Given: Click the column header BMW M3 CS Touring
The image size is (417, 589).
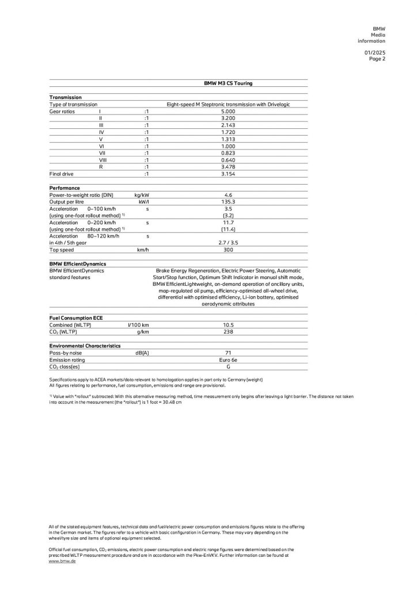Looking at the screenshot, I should [x=228, y=83].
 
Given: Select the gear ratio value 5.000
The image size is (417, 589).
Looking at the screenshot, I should [x=228, y=111].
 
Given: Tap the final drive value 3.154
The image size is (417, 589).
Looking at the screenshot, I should [x=228, y=173].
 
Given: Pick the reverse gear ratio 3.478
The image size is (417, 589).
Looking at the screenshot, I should [x=228, y=166].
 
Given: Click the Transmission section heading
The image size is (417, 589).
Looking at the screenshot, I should [x=66, y=97].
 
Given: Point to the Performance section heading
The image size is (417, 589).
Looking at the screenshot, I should [x=65, y=188].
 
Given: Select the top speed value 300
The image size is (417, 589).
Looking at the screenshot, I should [x=228, y=250].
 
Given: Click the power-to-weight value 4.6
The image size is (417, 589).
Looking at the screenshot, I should [x=228, y=195].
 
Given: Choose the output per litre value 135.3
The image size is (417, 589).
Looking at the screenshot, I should [x=228, y=202].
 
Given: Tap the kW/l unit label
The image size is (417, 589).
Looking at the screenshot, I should [x=144, y=202].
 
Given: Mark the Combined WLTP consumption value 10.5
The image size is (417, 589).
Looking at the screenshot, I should [x=228, y=325].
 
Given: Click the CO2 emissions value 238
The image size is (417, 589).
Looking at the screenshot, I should [x=228, y=332].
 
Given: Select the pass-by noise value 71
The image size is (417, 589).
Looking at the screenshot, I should [x=228, y=353].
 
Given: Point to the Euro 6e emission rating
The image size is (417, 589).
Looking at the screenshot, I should [x=228, y=359].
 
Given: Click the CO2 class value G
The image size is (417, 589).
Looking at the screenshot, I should [x=228, y=366].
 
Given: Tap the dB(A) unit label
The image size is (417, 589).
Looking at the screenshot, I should [x=142, y=353].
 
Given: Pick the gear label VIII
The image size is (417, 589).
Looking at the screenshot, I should [x=101, y=159].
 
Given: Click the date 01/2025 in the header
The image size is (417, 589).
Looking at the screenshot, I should [x=376, y=52].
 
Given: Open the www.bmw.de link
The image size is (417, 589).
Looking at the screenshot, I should [x=62, y=561].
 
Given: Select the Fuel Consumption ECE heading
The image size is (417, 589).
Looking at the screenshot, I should [x=77, y=318].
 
